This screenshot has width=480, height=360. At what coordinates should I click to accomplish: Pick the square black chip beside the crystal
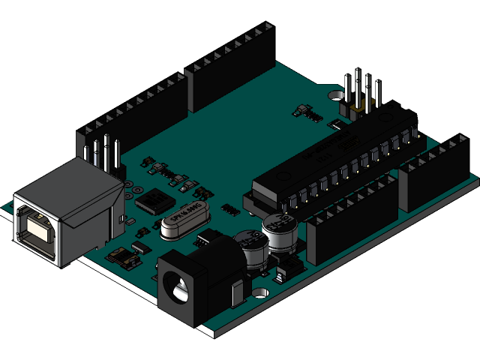152,200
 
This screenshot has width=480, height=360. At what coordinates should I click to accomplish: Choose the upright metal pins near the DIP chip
360,94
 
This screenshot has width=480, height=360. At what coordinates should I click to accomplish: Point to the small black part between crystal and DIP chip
229,207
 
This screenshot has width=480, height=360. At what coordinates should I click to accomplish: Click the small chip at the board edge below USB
124,259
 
